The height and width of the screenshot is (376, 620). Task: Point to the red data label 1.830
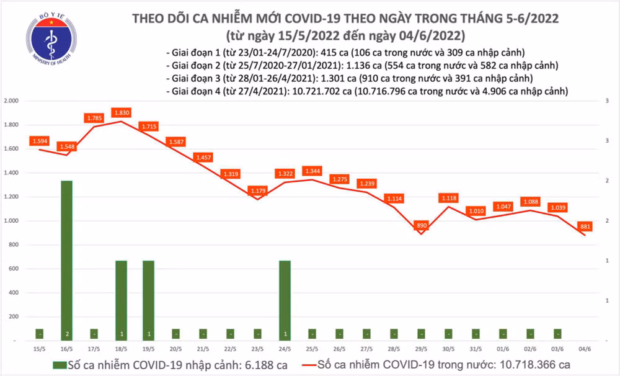point(121,112)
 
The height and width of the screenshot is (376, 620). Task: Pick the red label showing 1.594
point(40,141)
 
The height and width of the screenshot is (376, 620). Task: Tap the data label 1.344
point(311,171)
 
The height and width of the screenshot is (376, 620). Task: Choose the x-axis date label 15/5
point(40,349)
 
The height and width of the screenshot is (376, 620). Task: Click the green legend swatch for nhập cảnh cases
point(61,365)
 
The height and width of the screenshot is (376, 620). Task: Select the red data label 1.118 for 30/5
point(449,198)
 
